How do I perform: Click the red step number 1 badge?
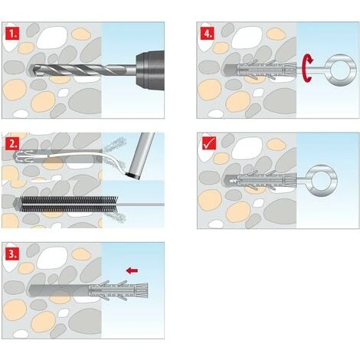tap(12, 34)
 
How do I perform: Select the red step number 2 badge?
tap(12, 144)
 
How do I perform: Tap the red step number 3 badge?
tap(12, 254)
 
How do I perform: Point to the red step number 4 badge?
tap(208, 34)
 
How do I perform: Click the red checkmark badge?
tap(209, 143)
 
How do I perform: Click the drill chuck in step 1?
tap(150, 70)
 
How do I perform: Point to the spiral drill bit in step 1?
tap(82, 70)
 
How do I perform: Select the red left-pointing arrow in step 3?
tap(133, 270)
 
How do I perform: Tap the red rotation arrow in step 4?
tap(306, 67)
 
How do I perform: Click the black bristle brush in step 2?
tap(69, 205)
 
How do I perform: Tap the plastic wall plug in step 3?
tap(118, 290)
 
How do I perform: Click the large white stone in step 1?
tap(52, 38)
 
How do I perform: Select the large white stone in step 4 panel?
tap(247, 38)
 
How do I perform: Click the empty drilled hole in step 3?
tap(59, 290)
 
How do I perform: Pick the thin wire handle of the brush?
tap(141, 205)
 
